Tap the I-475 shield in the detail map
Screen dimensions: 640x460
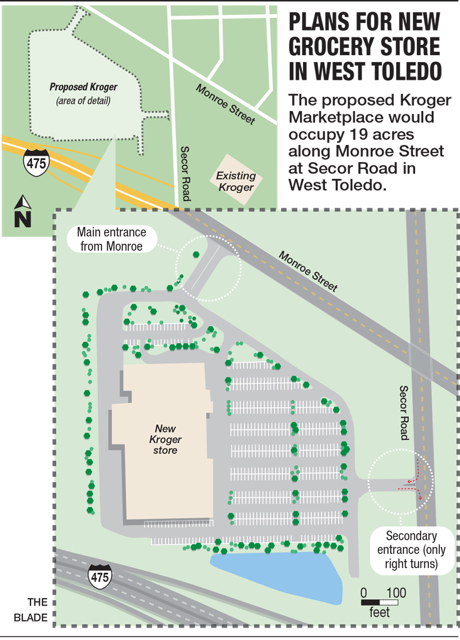[x=99, y=574]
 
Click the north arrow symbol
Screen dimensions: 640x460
[x=23, y=211]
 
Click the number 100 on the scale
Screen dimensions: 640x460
[x=396, y=592]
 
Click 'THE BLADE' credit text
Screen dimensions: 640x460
[x=39, y=610]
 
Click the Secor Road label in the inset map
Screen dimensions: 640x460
[x=185, y=173]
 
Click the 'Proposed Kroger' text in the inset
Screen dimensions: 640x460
[x=83, y=87]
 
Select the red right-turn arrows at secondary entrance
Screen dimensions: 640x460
[x=415, y=482]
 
